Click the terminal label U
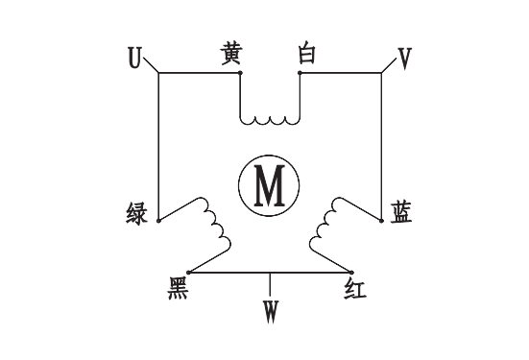(x=134, y=59)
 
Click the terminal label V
(x=404, y=59)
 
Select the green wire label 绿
(x=137, y=213)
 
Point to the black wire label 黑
(x=178, y=288)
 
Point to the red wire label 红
(x=354, y=288)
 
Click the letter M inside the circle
(x=270, y=185)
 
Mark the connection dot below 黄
(x=239, y=73)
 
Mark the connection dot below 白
(x=301, y=73)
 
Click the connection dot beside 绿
(x=158, y=220)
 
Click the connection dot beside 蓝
(x=382, y=220)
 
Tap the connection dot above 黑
(x=188, y=272)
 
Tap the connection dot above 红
(x=352, y=272)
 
